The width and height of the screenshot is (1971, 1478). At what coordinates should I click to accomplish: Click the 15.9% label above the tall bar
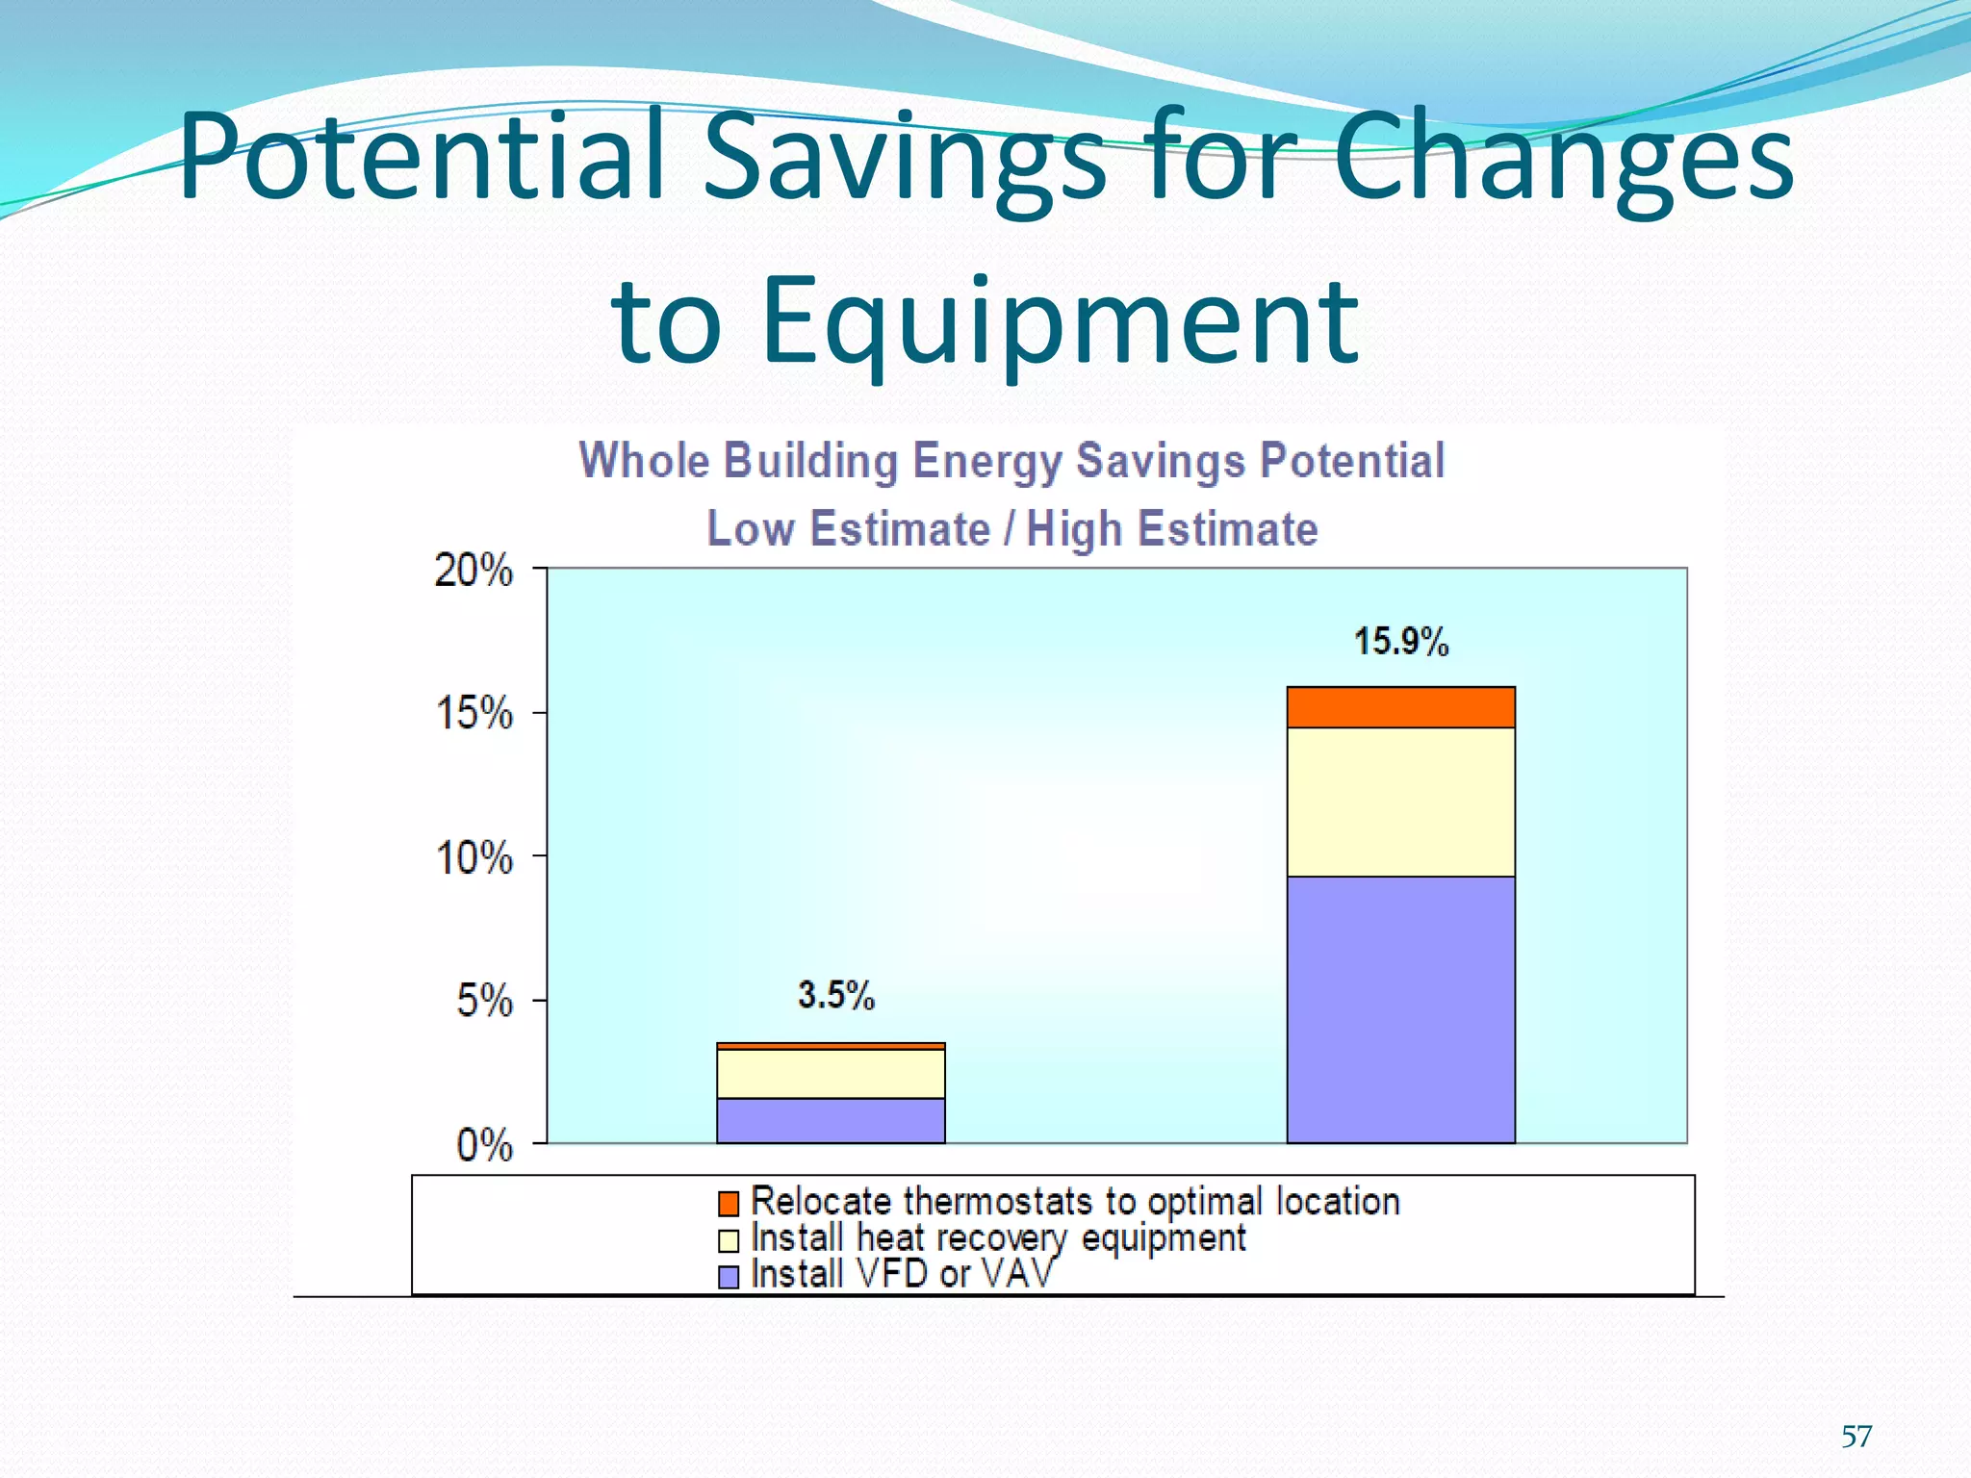[x=1400, y=642]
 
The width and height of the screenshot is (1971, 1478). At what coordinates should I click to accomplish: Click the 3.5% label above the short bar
[x=835, y=995]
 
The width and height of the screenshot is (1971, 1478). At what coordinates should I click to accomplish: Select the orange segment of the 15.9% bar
[x=1400, y=707]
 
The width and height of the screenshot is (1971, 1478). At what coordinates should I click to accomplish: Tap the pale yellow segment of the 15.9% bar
[x=1400, y=802]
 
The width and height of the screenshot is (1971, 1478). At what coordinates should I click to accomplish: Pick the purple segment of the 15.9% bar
[x=1400, y=1009]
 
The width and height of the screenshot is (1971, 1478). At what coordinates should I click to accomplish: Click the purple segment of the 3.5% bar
[x=831, y=1120]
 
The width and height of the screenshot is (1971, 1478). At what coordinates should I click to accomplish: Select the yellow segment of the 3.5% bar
[x=831, y=1073]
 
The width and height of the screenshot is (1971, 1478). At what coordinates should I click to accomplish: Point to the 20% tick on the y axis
[x=474, y=571]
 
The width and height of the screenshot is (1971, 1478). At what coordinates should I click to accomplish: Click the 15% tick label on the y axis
[x=474, y=714]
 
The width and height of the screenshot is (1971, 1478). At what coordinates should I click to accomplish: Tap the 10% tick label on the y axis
[x=474, y=857]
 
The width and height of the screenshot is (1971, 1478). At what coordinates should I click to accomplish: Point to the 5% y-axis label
[x=484, y=1001]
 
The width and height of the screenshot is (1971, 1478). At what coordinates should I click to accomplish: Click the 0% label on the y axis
[x=484, y=1145]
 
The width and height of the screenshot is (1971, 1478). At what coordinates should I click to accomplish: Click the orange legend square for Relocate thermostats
[x=729, y=1203]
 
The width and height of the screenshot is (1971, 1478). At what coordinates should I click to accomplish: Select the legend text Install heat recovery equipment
[x=997, y=1237]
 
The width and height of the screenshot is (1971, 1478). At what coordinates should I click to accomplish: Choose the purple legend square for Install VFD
[x=729, y=1276]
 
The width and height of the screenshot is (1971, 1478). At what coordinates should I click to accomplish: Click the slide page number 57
[x=1856, y=1437]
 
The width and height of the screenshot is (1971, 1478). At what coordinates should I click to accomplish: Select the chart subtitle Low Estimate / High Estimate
[x=1011, y=528]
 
